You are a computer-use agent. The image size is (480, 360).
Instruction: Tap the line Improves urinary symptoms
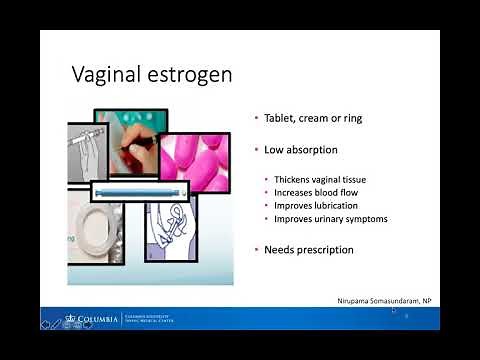coord(325,218)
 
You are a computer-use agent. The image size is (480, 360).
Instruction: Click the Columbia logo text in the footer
coord(95,321)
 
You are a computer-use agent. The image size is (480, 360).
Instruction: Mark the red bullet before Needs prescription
coord(256,249)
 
